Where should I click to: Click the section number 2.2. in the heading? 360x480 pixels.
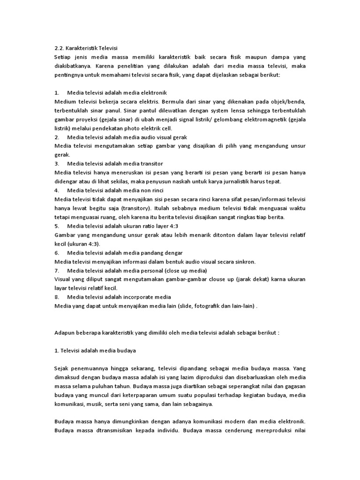[x=60, y=48]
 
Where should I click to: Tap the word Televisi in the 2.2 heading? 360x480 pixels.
[x=106, y=48]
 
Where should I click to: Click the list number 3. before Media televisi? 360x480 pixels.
[x=57, y=164]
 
